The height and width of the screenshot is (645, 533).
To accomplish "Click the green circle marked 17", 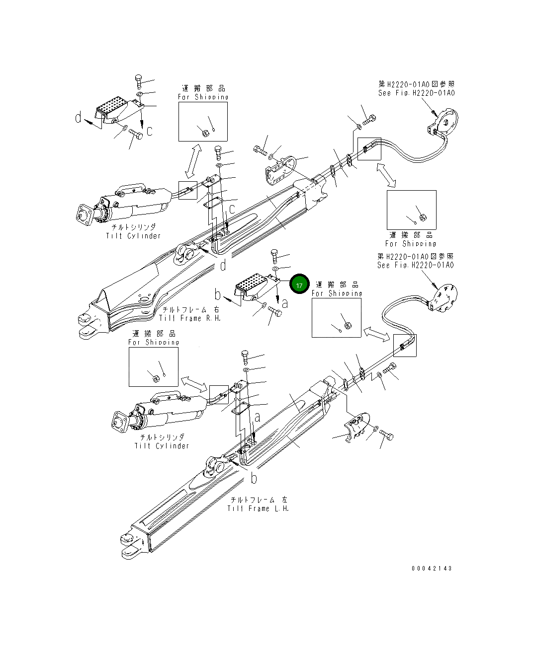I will tap(299, 285).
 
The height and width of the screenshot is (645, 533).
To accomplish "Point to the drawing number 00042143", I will tap(432, 568).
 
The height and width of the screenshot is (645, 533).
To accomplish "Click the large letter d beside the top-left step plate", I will tap(79, 118).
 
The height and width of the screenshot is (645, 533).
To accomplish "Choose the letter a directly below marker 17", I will tap(284, 302).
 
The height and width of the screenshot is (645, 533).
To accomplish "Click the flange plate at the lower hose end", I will tap(444, 299).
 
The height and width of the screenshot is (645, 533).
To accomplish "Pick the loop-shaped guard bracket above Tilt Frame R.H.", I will tap(281, 169).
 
